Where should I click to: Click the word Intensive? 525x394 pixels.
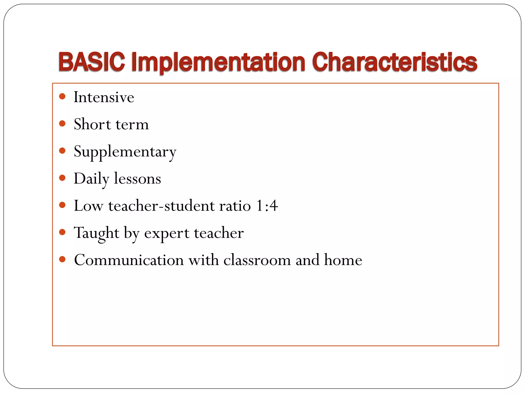[104, 97]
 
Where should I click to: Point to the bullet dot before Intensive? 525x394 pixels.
[62, 97]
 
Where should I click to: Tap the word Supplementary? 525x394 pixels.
[125, 152]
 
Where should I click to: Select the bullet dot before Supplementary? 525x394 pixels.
[62, 151]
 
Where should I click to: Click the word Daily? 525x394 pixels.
[91, 179]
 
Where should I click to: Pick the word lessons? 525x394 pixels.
[137, 179]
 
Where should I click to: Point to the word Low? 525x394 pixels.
[88, 206]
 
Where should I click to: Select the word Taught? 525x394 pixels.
[97, 233]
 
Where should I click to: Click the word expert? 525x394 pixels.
[167, 233]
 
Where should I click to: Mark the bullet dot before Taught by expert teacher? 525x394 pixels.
[62, 232]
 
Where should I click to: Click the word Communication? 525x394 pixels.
[129, 260]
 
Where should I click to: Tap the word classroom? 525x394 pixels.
[257, 260]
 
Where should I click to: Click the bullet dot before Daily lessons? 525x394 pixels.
[62, 178]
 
